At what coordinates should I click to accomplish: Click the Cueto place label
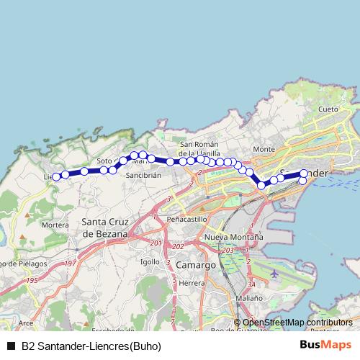coord(328,109)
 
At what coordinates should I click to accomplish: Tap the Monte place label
coord(264,149)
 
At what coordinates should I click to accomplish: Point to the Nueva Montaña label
coord(233,237)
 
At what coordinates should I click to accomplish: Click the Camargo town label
coord(195,265)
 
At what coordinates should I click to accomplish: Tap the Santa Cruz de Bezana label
coord(105,227)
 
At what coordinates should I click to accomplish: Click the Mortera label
coord(55,225)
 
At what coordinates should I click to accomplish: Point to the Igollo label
coord(150,261)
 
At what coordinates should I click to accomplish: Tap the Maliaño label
coord(248,297)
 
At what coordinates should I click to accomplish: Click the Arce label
coord(26,323)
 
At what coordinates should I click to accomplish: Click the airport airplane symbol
coord(274,274)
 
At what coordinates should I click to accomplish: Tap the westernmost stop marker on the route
coord(56,176)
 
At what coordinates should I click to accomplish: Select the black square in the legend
coord(10,346)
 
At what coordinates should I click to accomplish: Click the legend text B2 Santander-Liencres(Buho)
coord(91,346)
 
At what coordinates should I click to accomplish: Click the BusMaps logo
coord(325,345)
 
